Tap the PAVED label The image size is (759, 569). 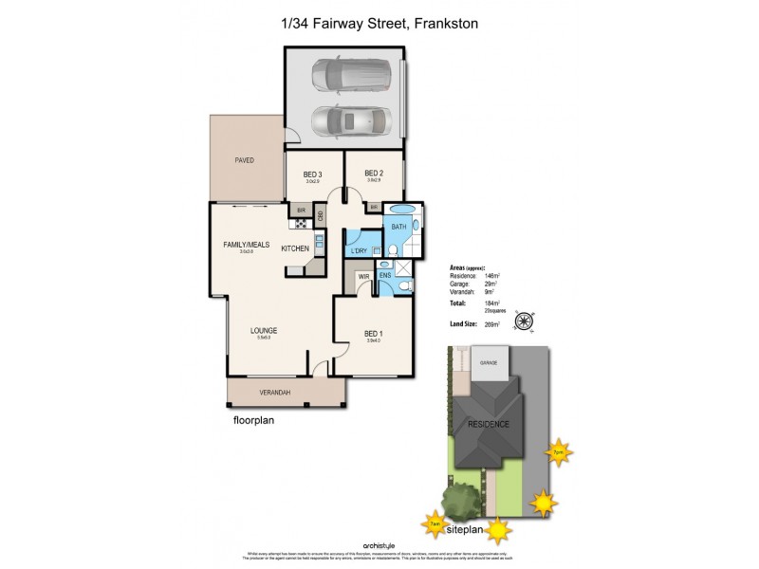pos(245,160)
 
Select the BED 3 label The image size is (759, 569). pos(313,174)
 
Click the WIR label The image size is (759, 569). pos(363,278)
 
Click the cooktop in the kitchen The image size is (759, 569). pos(300,224)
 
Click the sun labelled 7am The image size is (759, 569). pos(433,523)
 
